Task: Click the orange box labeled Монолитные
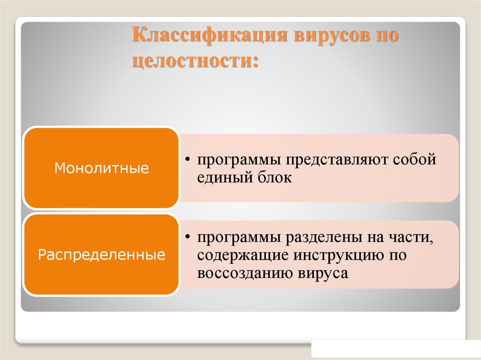click(101, 168)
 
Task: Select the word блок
click(277, 178)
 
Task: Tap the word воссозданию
click(245, 274)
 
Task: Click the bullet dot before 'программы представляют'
click(187, 160)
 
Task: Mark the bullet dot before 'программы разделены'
click(187, 237)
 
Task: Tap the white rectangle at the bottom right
click(396, 349)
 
